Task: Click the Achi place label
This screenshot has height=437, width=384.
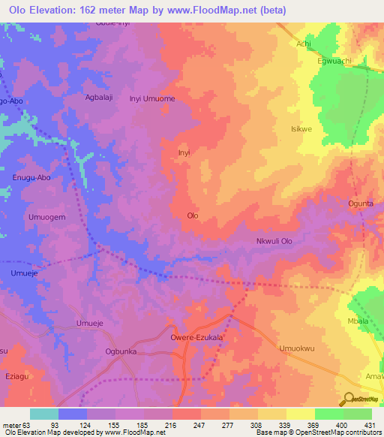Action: [304, 44]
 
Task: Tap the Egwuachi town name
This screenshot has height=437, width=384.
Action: [334, 62]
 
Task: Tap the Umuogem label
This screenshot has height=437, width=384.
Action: [27, 217]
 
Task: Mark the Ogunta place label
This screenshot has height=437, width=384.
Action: [361, 203]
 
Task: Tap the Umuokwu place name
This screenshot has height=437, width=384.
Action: [295, 348]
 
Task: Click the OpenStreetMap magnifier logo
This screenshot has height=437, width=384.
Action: [349, 399]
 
